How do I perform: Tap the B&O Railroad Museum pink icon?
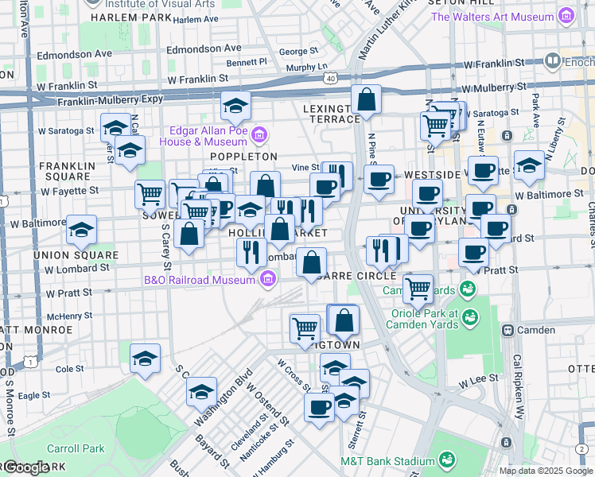coord(268,278)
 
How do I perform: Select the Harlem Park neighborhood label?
coord(120,17)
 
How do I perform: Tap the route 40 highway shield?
coord(330,76)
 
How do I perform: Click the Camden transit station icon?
coord(506,329)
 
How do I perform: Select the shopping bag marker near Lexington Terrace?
coord(366,100)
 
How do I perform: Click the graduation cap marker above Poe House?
coord(235,105)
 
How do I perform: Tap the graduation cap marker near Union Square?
coord(81,230)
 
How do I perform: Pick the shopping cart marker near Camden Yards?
coord(418,289)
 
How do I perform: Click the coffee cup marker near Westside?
coord(379,179)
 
